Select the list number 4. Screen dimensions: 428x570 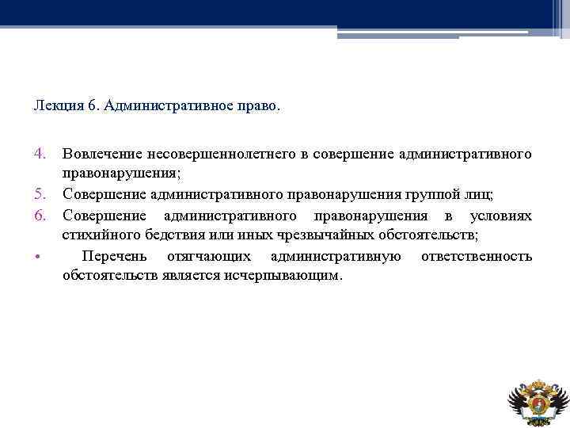click(x=40, y=151)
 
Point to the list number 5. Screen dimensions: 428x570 click(x=40, y=194)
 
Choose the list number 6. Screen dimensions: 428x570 click(x=40, y=216)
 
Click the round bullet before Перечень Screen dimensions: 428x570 click(x=40, y=258)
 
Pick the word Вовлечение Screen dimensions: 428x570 click(x=99, y=151)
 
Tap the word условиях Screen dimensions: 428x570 click(x=500, y=216)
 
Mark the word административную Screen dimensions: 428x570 click(x=335, y=257)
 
